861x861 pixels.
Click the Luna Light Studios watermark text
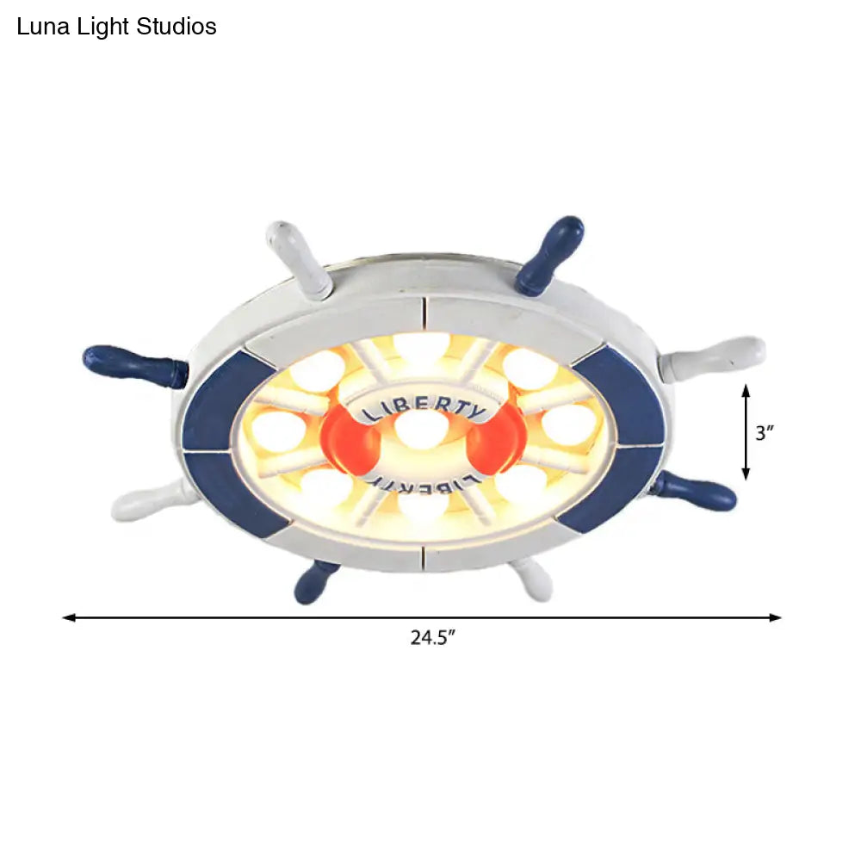pyautogui.click(x=117, y=27)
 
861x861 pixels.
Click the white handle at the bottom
pyautogui.click(x=530, y=579)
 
